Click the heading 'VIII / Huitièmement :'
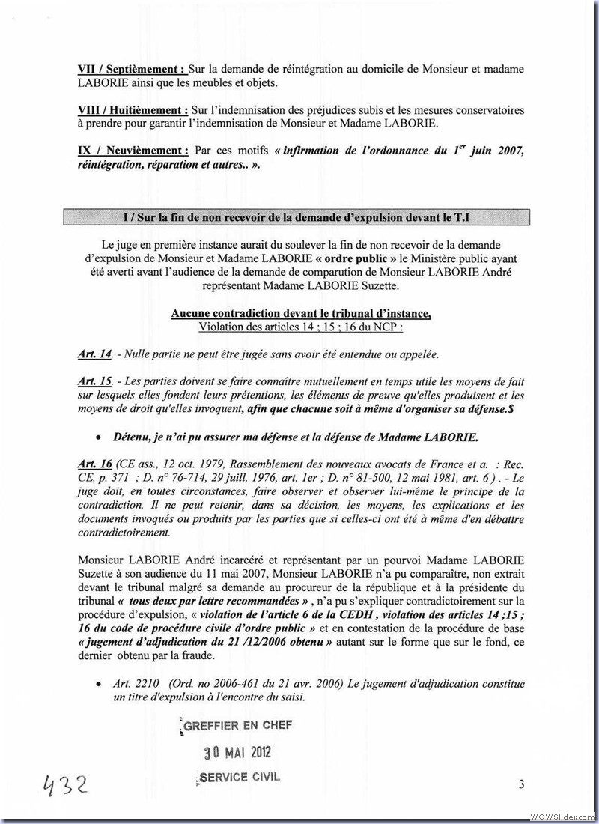click(x=133, y=110)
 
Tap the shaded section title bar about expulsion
click(x=302, y=216)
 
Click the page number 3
click(x=520, y=784)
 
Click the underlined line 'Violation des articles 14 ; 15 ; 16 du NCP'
click(x=300, y=327)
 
